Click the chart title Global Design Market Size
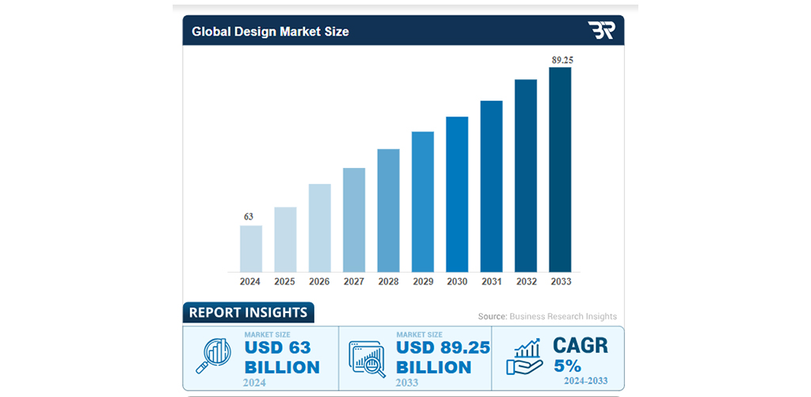coord(270,32)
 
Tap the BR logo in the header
coord(600,31)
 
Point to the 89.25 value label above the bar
coord(560,59)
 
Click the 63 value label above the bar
coord(249,216)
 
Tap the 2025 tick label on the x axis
coord(285,281)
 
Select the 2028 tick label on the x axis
coord(388,281)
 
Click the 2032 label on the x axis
coord(526,281)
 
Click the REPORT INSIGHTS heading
coord(248,312)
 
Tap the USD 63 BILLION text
coord(281,357)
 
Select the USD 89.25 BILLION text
coord(442,357)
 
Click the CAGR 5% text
coord(580,355)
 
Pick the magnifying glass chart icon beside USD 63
coord(212,357)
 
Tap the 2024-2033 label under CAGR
coord(585,381)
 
